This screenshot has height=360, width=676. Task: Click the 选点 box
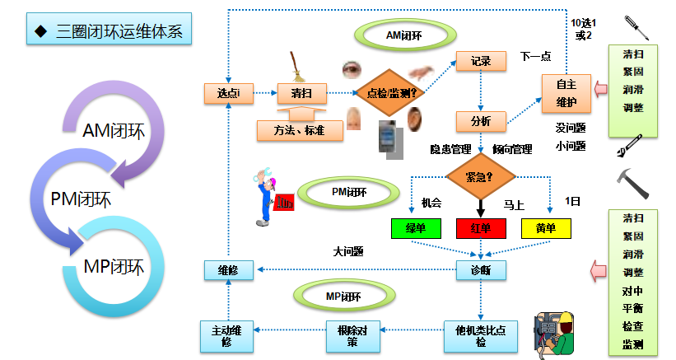point(228,93)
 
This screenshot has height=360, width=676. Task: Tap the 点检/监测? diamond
point(389,93)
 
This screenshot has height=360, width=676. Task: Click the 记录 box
point(481,62)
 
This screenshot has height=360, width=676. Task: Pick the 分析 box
point(481,121)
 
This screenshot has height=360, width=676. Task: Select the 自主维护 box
point(566,92)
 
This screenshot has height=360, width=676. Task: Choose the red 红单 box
point(481,228)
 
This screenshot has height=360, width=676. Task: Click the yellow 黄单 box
point(546,228)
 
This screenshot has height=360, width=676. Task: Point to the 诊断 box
point(481,269)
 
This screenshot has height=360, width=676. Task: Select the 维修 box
point(228,269)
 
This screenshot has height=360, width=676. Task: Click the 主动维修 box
point(226,335)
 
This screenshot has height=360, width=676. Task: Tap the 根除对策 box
point(348,335)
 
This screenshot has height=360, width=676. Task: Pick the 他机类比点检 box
point(481,335)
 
